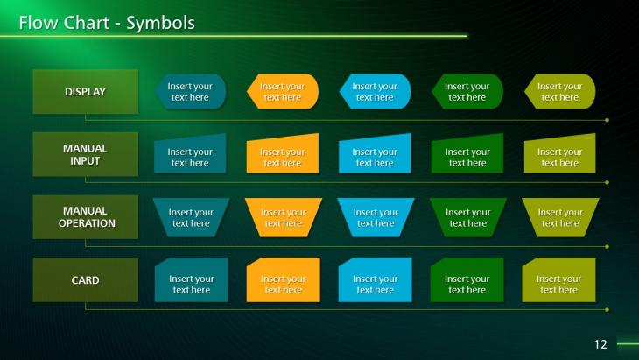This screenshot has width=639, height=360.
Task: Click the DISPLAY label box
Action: (86, 92)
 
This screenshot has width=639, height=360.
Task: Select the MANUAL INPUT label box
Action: (86, 154)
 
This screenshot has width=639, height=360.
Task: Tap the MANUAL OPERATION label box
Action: (86, 217)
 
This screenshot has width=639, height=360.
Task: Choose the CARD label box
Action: (86, 279)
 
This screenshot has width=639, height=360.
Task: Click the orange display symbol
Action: (283, 92)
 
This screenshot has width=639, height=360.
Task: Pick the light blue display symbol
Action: (375, 92)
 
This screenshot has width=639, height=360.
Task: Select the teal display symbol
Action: (191, 92)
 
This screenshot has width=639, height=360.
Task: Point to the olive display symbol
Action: (560, 92)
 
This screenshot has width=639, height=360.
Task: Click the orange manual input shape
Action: (283, 154)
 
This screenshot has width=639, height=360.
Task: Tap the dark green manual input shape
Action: (467, 154)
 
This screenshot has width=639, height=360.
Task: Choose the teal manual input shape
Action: (190, 154)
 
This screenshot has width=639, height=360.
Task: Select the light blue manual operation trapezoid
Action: (376, 217)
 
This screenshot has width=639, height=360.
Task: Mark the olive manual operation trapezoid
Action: (560, 217)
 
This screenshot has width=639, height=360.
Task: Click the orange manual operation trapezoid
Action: (284, 217)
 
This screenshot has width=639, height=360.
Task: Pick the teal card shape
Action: (192, 279)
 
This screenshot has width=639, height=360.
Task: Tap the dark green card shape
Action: (467, 279)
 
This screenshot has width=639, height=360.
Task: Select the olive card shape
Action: (558, 279)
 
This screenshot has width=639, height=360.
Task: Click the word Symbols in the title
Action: (160, 24)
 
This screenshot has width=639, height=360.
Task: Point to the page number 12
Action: (600, 344)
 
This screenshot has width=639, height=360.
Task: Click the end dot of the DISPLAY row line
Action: (607, 120)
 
